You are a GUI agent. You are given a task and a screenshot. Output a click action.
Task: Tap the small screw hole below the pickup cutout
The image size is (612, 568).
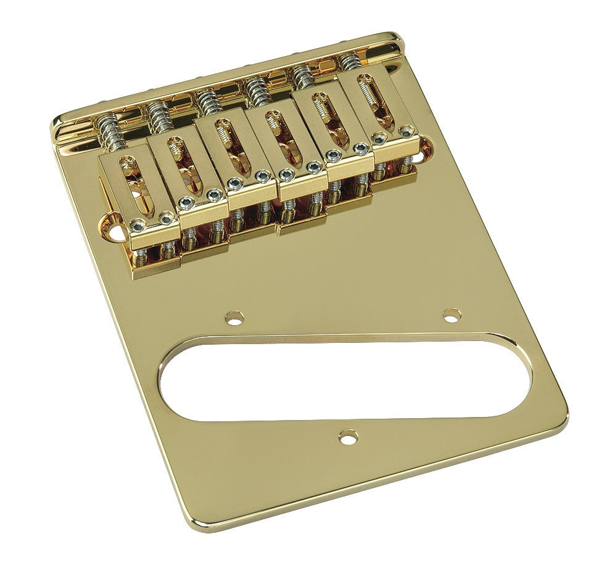[x=350, y=437]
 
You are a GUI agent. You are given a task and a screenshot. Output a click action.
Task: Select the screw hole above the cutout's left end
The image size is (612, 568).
[x=234, y=318]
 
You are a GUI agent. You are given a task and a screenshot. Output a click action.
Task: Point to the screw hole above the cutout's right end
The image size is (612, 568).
[x=452, y=314]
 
